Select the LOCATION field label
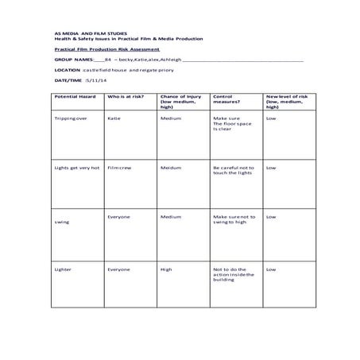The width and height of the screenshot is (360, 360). pyautogui.click(x=68, y=69)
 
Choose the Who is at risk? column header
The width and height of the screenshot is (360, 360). pyautogui.click(x=124, y=95)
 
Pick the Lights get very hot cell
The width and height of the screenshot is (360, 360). pyautogui.click(x=76, y=168)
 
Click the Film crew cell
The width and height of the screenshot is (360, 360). pyautogui.click(x=118, y=168)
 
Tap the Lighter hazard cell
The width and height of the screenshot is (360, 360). pyautogui.click(x=63, y=269)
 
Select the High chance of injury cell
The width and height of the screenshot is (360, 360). pyautogui.click(x=166, y=269)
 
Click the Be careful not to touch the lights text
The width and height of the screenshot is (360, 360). pyautogui.click(x=234, y=171)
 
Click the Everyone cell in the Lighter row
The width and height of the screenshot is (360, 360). pyautogui.click(x=118, y=269)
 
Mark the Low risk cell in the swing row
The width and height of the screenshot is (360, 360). pyautogui.click(x=271, y=216)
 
